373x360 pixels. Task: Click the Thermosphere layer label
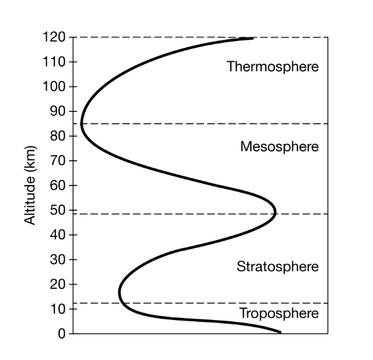[x=273, y=66]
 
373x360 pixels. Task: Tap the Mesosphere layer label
[x=279, y=147]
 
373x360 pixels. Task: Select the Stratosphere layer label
[x=277, y=267]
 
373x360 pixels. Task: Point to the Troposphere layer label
[x=278, y=314]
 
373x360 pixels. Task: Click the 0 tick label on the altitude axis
[x=61, y=333]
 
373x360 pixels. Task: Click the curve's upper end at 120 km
[x=252, y=38]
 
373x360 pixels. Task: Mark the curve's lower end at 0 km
[x=280, y=332]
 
